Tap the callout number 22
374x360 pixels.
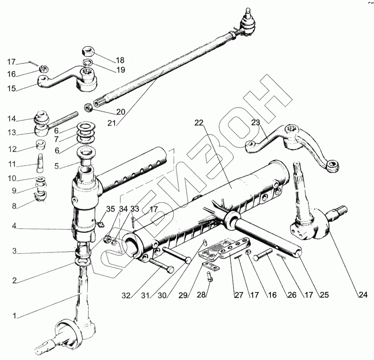click(x=199, y=123)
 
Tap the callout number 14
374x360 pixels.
click(x=12, y=119)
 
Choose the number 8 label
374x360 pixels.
click(x=14, y=206)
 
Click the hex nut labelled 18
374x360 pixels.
click(x=88, y=51)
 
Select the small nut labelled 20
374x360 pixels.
click(x=89, y=107)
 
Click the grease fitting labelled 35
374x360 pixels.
click(x=100, y=223)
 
